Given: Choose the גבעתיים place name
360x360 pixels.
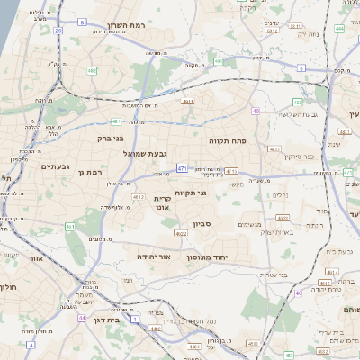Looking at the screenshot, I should coord(56,166).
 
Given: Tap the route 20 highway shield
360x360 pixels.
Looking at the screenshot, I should coord(58,31).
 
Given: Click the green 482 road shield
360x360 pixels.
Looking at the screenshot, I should coord(92,69).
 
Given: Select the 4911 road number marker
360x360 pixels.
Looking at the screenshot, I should coord(187,103).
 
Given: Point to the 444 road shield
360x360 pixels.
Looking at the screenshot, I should coord(339,29).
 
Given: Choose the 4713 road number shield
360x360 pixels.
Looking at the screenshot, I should coord(231,170).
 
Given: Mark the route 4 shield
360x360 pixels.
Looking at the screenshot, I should coord(31,344).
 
